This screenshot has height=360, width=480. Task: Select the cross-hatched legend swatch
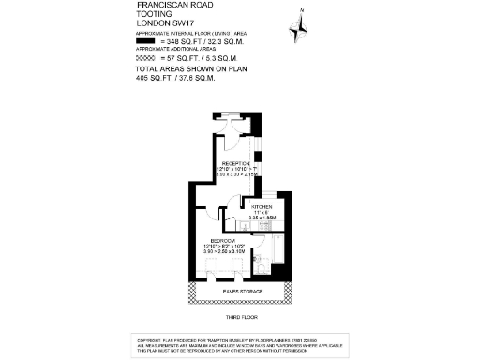pyautogui.click(x=144, y=58)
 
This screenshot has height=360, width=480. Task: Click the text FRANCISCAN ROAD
pyautogui.click(x=173, y=6)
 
